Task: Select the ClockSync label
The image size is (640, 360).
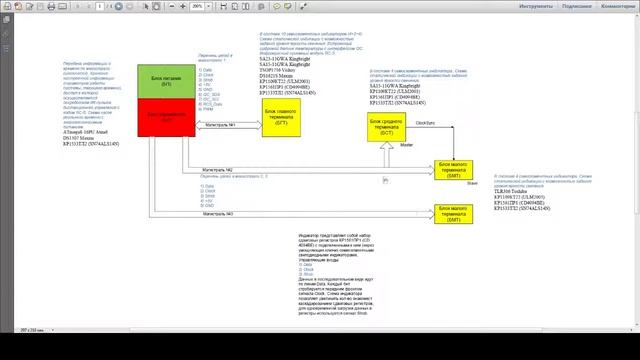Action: click(x=423, y=121)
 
